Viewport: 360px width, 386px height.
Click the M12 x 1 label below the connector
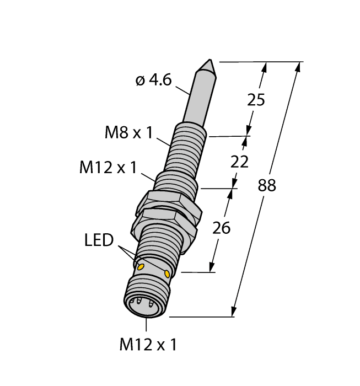[148, 345]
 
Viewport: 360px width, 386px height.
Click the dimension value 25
[257, 100]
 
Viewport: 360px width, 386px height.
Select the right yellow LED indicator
[168, 273]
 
